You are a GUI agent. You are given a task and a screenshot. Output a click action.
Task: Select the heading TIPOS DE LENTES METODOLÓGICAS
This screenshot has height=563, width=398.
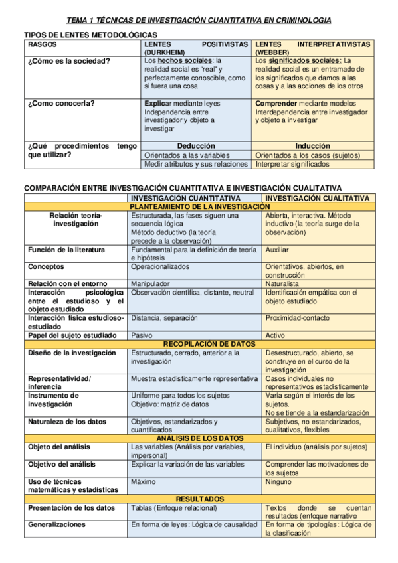[x=90, y=34]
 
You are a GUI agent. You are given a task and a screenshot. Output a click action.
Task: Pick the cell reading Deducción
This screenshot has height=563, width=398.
[x=196, y=146]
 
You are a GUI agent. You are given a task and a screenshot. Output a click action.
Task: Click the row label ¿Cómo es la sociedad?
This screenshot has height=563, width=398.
[x=69, y=61]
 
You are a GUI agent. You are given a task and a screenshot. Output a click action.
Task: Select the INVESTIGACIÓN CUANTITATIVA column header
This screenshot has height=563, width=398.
[x=185, y=198]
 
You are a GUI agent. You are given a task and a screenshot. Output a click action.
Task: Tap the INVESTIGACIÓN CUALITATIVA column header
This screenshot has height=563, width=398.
[x=317, y=198]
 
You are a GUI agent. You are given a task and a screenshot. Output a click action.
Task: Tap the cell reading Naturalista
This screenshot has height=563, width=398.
[x=282, y=283]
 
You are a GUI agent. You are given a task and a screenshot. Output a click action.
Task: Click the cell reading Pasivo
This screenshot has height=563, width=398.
[x=142, y=335]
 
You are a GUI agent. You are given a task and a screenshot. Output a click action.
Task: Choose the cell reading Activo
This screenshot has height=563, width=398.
[x=275, y=335]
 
